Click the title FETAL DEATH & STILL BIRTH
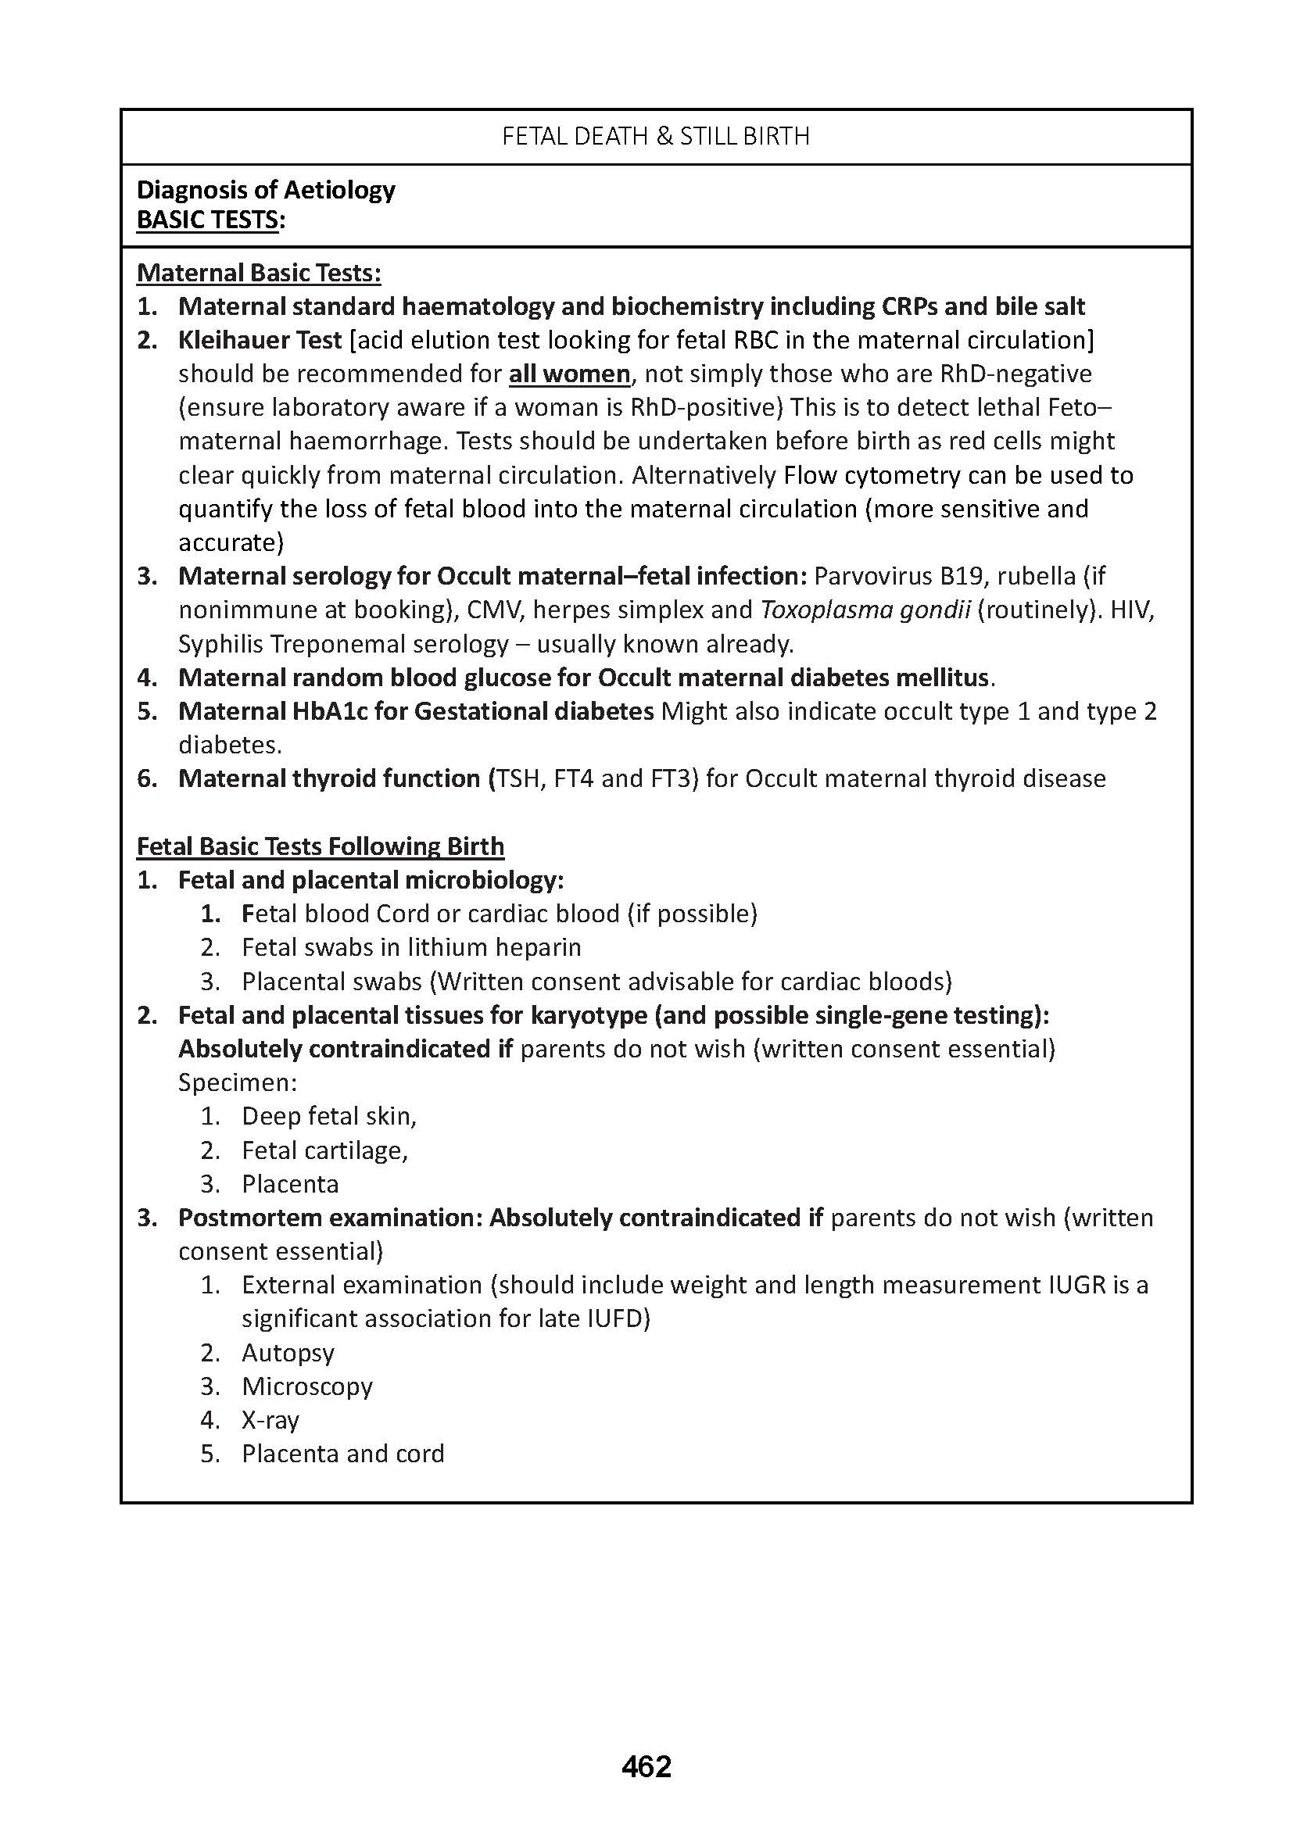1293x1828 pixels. click(655, 137)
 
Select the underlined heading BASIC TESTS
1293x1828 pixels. click(208, 220)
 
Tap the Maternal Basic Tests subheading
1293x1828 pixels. click(259, 272)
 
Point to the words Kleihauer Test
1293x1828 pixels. click(260, 340)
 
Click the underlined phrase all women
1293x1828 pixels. click(569, 374)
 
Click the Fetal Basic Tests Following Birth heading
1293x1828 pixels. click(320, 846)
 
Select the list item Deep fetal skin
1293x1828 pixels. click(329, 1116)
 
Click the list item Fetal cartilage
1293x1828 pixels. click(325, 1150)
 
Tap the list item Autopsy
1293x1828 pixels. click(288, 1353)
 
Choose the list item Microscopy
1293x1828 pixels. click(307, 1386)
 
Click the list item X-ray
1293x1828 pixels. click(270, 1420)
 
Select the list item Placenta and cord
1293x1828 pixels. click(343, 1454)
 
